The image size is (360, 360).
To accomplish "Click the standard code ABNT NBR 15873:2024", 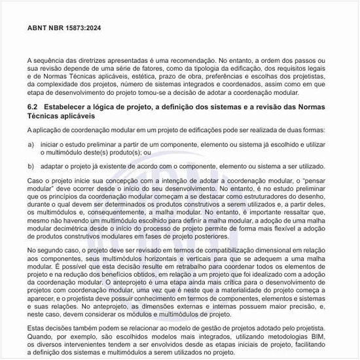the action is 64,28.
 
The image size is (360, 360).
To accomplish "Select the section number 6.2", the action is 34,106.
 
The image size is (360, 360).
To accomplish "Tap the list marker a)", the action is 31,143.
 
